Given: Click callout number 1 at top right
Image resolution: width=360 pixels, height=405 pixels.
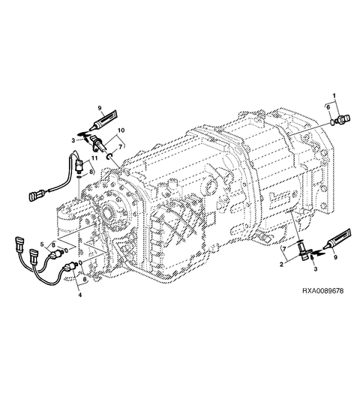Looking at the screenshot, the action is tap(334, 96).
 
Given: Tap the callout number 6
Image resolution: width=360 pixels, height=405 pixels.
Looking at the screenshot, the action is tap(328, 107).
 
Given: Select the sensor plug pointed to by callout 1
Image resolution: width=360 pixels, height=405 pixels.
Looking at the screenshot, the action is tap(343, 119).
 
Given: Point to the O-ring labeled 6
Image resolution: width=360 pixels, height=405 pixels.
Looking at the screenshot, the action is tap(333, 122).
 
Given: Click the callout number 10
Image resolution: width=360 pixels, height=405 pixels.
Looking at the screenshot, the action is tap(121, 130).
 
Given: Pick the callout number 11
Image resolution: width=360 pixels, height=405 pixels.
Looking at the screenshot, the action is tap(94, 157).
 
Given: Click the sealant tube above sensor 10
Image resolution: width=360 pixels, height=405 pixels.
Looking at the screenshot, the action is tap(103, 120).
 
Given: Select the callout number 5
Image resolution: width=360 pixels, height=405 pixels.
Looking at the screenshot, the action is tap(42, 244).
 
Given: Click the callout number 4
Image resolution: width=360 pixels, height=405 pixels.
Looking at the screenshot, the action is tap(80, 295).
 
